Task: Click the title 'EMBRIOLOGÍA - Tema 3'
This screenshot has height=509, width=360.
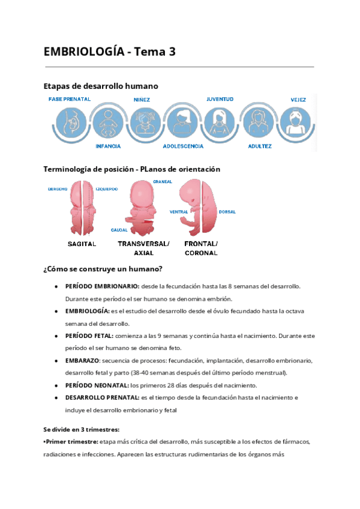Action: [x=110, y=52]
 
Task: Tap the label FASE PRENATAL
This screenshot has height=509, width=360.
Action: [x=70, y=99]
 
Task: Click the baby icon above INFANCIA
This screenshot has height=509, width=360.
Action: [x=108, y=123]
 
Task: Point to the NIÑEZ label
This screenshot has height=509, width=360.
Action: [x=142, y=100]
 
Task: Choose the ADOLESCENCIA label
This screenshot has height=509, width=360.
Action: [x=183, y=146]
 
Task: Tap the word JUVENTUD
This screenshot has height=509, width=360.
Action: [x=220, y=99]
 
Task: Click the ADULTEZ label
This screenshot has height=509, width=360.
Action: [x=259, y=146]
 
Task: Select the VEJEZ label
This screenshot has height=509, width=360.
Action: [x=298, y=100]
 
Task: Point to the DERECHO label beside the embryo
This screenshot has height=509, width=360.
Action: [x=58, y=189]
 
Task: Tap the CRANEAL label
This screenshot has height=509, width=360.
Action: [x=163, y=181]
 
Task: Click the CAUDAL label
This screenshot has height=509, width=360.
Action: [x=119, y=230]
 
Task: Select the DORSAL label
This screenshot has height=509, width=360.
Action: [x=227, y=212]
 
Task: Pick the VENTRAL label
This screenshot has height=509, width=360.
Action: [x=179, y=212]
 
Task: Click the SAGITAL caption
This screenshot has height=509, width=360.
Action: [x=82, y=244]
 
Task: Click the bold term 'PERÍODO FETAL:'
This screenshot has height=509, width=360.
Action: [x=89, y=336]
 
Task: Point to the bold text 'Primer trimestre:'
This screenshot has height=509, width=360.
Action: [x=71, y=442]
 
